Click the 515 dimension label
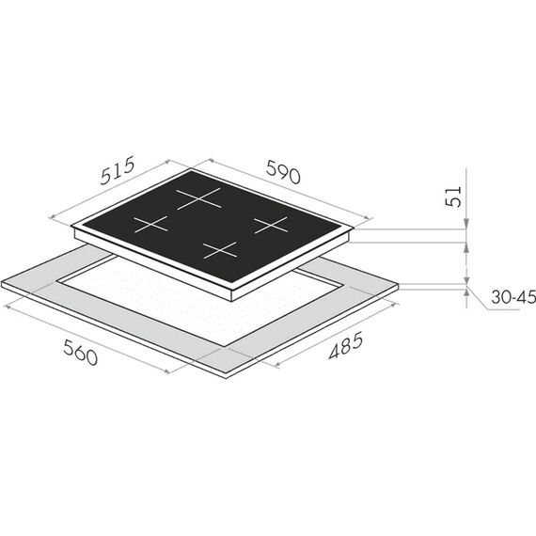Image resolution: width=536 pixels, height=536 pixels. pos(118,170)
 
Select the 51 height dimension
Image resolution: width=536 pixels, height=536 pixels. pos(453,197)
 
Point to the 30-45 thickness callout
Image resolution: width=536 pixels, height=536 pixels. pos(513,297)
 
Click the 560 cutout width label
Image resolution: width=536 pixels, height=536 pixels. pos(81,353)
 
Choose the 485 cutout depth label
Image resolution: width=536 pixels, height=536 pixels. pos(345,346)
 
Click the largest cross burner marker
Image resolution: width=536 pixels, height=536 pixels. pos(198,197)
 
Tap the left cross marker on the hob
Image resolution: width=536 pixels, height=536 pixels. pos(150,224)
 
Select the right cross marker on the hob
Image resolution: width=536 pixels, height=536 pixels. pos(271,225)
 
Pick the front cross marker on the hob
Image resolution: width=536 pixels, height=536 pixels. pos(220,250)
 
